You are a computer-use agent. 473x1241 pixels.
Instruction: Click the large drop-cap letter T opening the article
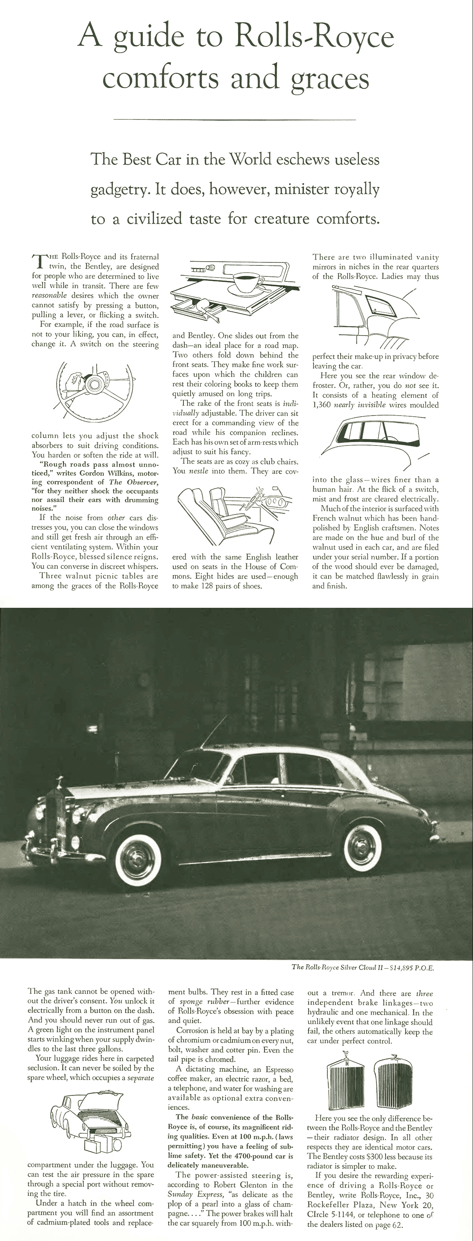tap(39, 262)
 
